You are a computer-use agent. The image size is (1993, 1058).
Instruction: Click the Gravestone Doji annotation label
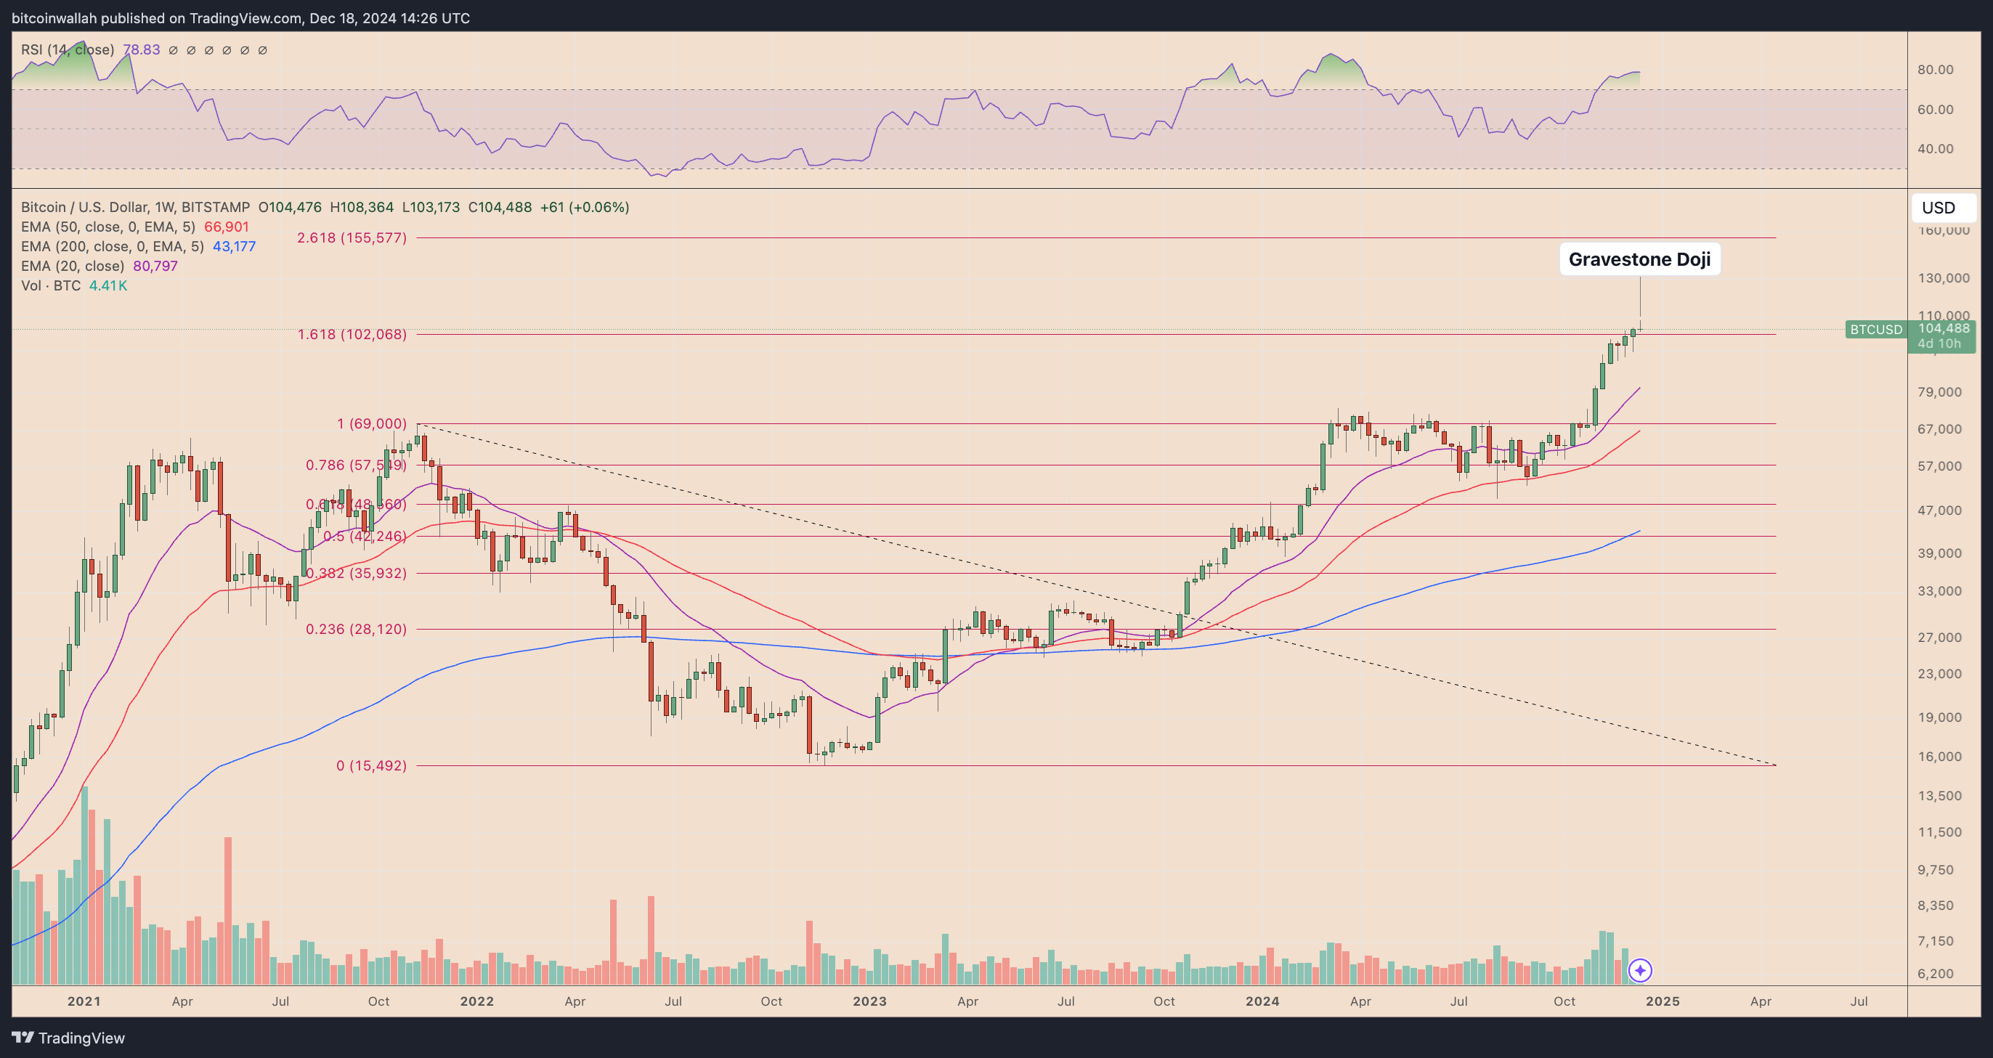(x=1639, y=259)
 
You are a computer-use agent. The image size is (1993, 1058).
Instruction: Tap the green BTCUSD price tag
(x=1875, y=330)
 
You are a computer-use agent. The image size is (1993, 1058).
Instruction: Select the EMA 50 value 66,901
(x=226, y=227)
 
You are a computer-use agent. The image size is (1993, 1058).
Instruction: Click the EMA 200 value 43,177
(x=234, y=247)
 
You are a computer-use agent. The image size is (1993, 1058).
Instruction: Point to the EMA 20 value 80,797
(x=155, y=266)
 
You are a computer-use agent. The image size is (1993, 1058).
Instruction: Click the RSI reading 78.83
(x=142, y=49)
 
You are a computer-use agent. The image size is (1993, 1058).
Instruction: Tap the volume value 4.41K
(x=107, y=285)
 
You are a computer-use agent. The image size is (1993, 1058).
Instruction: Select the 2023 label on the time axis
(x=869, y=1001)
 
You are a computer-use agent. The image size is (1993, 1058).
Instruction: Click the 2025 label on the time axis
(x=1663, y=1001)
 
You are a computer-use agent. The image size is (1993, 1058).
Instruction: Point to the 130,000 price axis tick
(x=1944, y=277)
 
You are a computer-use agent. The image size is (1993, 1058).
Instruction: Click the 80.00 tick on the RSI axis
(x=1935, y=70)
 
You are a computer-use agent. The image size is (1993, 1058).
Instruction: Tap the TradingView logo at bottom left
(x=68, y=1038)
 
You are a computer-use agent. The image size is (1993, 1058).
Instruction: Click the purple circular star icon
(x=1640, y=970)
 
